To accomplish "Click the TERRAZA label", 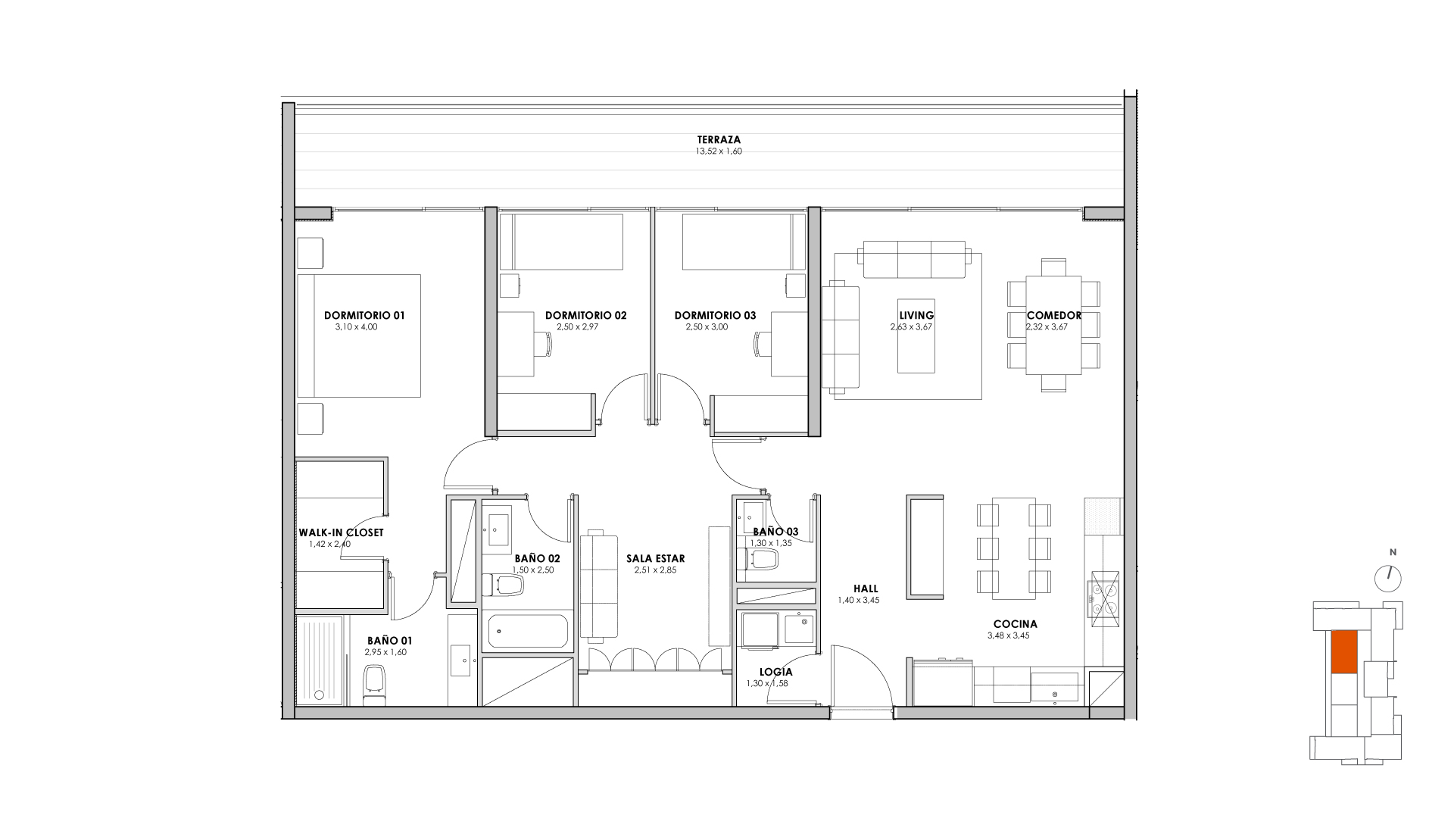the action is coord(719,139).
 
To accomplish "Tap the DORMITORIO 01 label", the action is coord(364,315).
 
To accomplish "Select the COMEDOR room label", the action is coord(1054,315).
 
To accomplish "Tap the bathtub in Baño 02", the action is coord(528,631).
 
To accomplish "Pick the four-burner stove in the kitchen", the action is coord(1103,598).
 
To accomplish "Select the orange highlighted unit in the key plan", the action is coord(1344,652).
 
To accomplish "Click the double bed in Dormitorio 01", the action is coord(359,336).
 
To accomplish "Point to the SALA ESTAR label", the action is coord(656,559).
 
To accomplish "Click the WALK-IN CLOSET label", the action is coord(341,532).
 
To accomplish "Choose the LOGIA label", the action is coord(776,672).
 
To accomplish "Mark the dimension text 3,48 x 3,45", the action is coord(1008,636).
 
